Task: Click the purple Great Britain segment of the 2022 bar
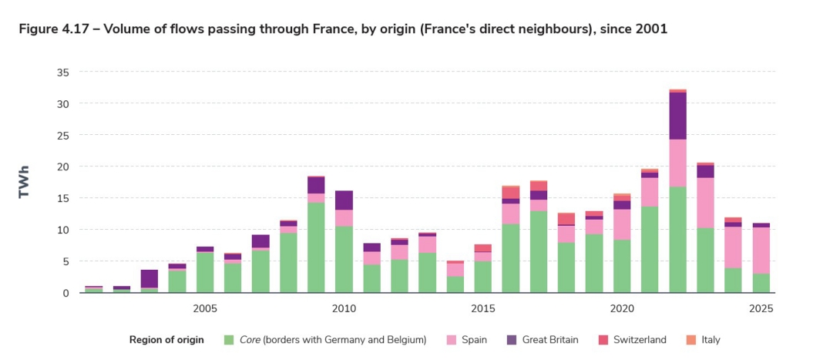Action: coord(677,116)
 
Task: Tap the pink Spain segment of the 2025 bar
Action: coord(761,251)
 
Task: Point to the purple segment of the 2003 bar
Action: coord(150,278)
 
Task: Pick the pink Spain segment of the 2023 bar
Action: coord(705,203)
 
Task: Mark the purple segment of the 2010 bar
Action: coord(344,200)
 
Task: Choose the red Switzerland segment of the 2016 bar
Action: coord(511,193)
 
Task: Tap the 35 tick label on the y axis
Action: coord(62,72)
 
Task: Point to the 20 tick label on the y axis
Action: coord(62,167)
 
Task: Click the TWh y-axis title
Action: coord(24,183)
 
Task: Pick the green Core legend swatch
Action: coord(228,340)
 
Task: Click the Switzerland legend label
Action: coord(640,340)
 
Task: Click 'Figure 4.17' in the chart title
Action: coord(51,29)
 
